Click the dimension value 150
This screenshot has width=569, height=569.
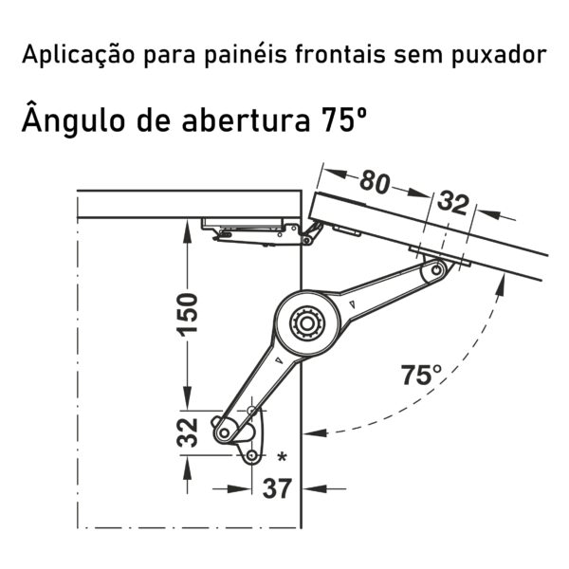[187, 314]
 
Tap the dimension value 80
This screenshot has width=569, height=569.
[375, 181]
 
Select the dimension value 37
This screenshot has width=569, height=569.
[277, 488]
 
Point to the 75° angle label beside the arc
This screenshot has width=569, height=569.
[421, 375]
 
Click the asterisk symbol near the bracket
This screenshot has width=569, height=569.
[282, 457]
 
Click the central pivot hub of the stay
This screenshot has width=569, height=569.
[307, 323]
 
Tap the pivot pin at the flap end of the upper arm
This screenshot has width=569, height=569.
[436, 270]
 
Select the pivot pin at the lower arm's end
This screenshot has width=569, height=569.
[224, 432]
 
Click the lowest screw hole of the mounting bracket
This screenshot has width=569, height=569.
[252, 455]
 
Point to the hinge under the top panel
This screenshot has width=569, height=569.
[262, 231]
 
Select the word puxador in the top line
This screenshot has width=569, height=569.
[500, 55]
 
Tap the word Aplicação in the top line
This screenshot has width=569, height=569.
[78, 55]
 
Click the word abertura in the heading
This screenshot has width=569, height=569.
[246, 119]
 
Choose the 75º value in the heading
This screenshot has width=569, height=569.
[343, 119]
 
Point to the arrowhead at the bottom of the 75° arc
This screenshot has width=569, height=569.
[315, 432]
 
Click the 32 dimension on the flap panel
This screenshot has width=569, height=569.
[453, 203]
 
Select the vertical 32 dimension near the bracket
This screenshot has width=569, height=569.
[187, 432]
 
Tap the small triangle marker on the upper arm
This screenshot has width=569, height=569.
[352, 304]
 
